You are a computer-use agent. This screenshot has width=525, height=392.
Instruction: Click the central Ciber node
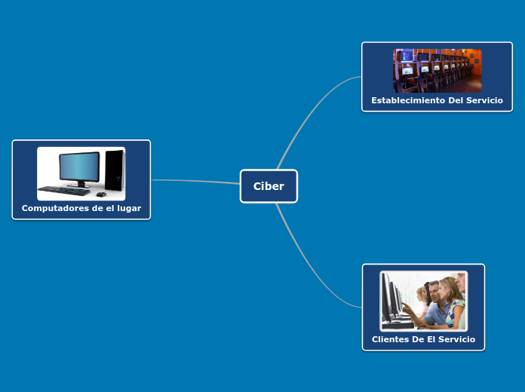269,186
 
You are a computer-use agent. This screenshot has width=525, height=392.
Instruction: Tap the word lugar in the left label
128,208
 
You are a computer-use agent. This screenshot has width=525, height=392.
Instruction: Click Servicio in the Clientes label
456,339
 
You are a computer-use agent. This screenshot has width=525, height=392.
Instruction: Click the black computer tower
114,170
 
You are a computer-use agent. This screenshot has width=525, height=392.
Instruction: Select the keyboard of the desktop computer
63,191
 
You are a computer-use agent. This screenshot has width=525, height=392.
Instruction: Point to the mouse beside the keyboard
100,194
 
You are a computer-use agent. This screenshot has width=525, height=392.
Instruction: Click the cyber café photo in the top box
437,70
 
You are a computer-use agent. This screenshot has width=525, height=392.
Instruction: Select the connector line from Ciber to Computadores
196,181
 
